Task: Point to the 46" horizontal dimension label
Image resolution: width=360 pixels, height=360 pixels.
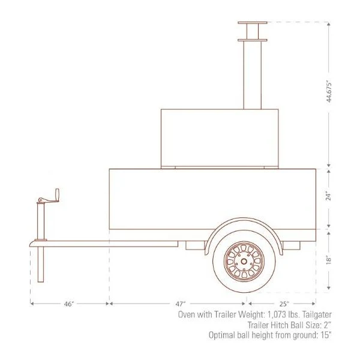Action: tap(69, 304)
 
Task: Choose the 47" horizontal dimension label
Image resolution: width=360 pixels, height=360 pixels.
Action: tap(178, 304)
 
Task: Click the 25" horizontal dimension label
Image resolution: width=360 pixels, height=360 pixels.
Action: tap(284, 304)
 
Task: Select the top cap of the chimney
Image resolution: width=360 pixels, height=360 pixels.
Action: tap(252, 23)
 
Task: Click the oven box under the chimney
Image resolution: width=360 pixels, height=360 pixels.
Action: tap(220, 138)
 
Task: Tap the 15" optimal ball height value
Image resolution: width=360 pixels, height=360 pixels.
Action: tap(324, 335)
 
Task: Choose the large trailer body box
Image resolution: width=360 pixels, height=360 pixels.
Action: tap(212, 198)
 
